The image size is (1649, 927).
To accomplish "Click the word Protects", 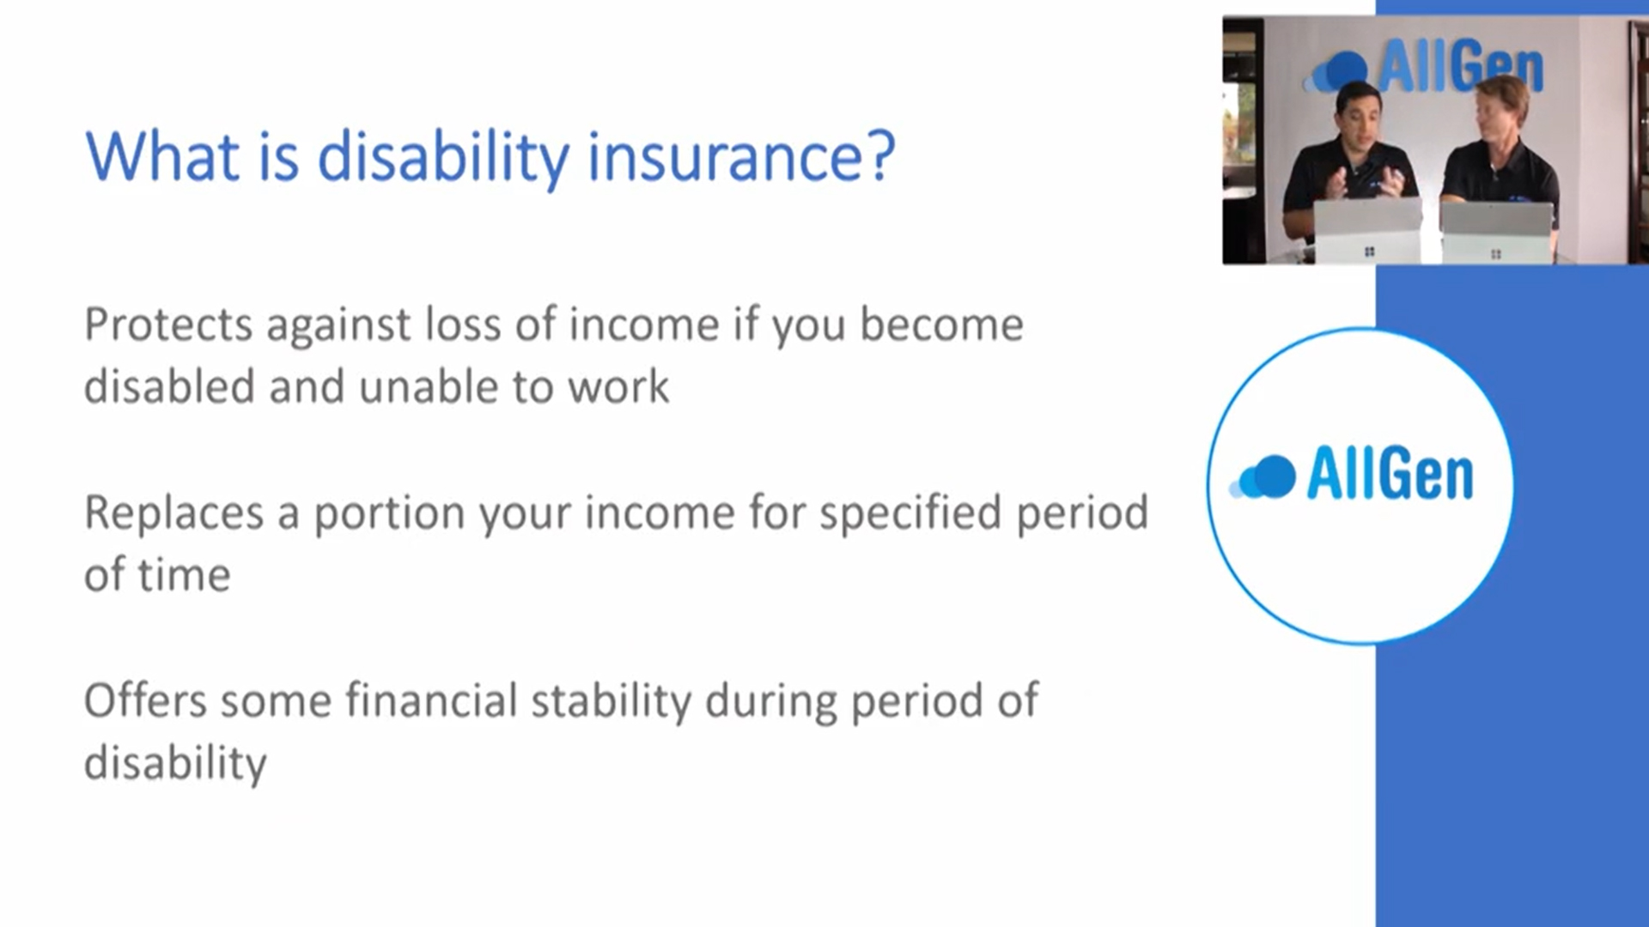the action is click(x=169, y=324).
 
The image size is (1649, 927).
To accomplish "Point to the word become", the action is click(x=941, y=324).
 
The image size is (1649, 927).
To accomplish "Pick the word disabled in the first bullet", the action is click(x=169, y=386).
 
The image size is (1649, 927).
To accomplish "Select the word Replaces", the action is click(x=173, y=512).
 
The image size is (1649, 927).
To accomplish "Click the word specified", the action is click(x=910, y=513).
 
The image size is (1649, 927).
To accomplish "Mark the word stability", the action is click(x=612, y=701).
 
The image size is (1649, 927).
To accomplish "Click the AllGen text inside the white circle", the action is click(x=1390, y=473).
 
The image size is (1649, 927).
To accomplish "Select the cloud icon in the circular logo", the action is click(x=1263, y=476).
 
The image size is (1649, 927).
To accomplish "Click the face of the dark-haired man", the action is click(x=1357, y=119).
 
